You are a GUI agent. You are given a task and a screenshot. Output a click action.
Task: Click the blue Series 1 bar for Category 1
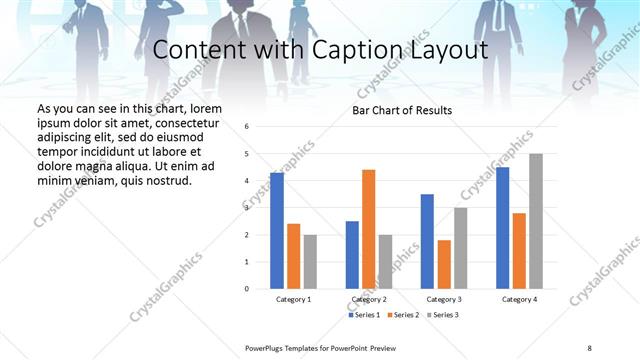click(277, 231)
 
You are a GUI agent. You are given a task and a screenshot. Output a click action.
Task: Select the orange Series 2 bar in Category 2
click(368, 229)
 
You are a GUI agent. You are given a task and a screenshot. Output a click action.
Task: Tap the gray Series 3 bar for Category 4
click(536, 221)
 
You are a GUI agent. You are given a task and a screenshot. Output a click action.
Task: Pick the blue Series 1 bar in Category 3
click(427, 241)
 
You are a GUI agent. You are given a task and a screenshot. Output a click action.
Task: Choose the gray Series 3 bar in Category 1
click(310, 262)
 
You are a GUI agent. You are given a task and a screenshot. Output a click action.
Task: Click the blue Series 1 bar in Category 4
click(502, 228)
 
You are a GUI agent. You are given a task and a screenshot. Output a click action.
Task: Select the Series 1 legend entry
click(364, 315)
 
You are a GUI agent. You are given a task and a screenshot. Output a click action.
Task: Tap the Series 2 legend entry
click(402, 315)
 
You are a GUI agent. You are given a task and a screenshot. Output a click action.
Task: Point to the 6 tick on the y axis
click(246, 126)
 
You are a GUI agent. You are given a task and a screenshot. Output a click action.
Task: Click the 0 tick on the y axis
click(246, 289)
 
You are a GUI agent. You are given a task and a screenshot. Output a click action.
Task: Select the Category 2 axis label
click(368, 299)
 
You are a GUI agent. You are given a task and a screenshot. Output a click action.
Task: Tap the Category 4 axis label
click(519, 299)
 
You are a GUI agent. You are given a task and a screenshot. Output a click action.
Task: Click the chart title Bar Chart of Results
click(402, 110)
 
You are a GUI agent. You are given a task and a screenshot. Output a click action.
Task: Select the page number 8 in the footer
click(588, 346)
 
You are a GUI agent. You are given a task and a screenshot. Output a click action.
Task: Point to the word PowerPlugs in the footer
click(265, 346)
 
